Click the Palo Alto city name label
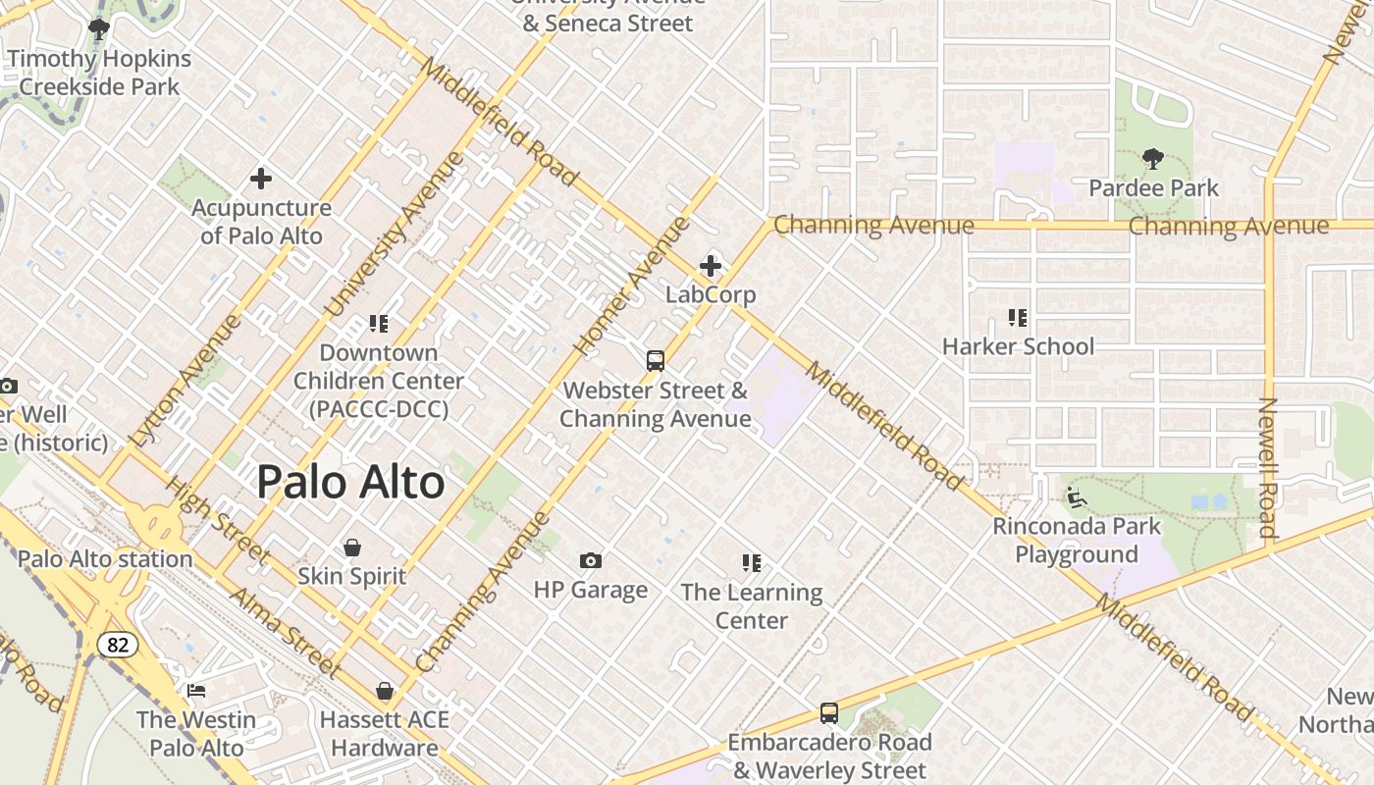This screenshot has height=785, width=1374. pyautogui.click(x=350, y=483)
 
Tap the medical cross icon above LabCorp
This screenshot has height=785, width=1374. pyautogui.click(x=711, y=266)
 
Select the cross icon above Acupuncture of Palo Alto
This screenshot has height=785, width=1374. pyautogui.click(x=260, y=179)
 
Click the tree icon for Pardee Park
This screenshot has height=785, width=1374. pyautogui.click(x=1153, y=158)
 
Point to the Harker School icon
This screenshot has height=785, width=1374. pyautogui.click(x=1018, y=318)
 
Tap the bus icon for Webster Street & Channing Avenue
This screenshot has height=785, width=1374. pyautogui.click(x=656, y=361)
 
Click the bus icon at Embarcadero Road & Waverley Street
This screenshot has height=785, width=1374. pyautogui.click(x=829, y=713)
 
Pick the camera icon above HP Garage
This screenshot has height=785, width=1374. pyautogui.click(x=590, y=560)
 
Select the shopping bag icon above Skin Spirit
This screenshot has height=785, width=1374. pyautogui.click(x=352, y=547)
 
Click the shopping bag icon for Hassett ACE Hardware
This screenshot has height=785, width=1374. pyautogui.click(x=385, y=691)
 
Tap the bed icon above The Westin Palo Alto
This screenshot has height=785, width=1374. pyautogui.click(x=196, y=691)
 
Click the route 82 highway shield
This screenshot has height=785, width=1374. pyautogui.click(x=117, y=645)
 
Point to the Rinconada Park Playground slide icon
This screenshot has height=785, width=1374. pyautogui.click(x=1077, y=497)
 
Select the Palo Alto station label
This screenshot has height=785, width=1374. pyautogui.click(x=105, y=559)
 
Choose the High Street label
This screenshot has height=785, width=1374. pyautogui.click(x=216, y=520)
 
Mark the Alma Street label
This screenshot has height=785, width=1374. pyautogui.click(x=285, y=632)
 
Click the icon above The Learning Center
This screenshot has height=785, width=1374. pyautogui.click(x=752, y=563)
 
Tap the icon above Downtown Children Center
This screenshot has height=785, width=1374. pyautogui.click(x=379, y=323)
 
